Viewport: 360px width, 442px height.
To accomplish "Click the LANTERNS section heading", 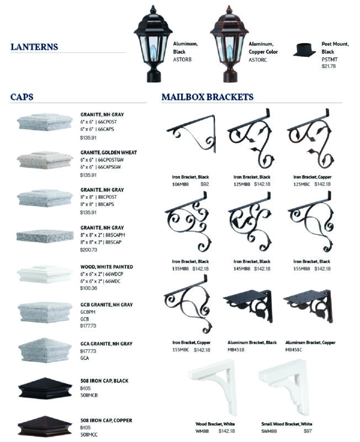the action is (x=34, y=47).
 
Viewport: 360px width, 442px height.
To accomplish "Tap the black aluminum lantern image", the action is (x=153, y=44).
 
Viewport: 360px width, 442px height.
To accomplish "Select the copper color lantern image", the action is (x=229, y=44).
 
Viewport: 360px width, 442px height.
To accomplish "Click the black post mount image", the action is (x=304, y=50).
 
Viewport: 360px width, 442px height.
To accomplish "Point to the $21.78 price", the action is (x=329, y=66).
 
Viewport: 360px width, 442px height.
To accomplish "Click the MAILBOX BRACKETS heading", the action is (x=207, y=97).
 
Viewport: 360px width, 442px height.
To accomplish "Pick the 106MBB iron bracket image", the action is (x=191, y=134).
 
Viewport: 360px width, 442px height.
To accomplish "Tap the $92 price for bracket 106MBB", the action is (x=205, y=184).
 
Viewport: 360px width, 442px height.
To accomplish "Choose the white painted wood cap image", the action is (x=45, y=274).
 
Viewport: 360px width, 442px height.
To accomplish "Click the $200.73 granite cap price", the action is (x=88, y=250).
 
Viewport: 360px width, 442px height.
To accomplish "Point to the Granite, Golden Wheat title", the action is (x=108, y=152).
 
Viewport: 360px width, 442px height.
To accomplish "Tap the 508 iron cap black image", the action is (x=45, y=388).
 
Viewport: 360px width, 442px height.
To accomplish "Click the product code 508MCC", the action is (x=89, y=435).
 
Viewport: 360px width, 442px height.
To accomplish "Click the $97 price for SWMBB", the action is (x=308, y=431).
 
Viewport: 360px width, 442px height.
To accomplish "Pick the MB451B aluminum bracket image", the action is (x=248, y=306).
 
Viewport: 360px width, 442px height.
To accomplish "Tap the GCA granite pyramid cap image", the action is (x=45, y=350).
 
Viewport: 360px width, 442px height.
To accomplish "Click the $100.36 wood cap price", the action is (x=88, y=288).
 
